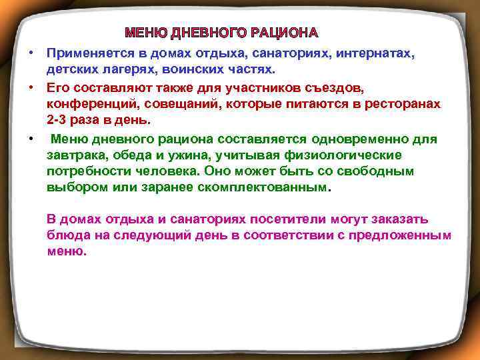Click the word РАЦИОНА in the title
pyautogui.click(x=285, y=33)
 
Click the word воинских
pyautogui.click(x=188, y=69)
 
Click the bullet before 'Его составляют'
pyautogui.click(x=31, y=87)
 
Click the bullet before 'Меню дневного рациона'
pyautogui.click(x=31, y=139)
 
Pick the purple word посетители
pyautogui.click(x=284, y=219)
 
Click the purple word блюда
pyautogui.click(x=65, y=236)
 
